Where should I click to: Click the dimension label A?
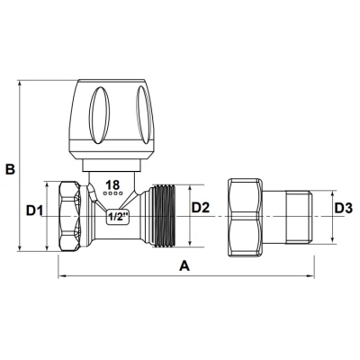(x=185, y=266)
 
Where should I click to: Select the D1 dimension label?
(x=34, y=211)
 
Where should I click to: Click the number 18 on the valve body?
(x=112, y=185)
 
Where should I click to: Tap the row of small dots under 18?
(x=112, y=195)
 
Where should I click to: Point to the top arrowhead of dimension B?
(x=19, y=87)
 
